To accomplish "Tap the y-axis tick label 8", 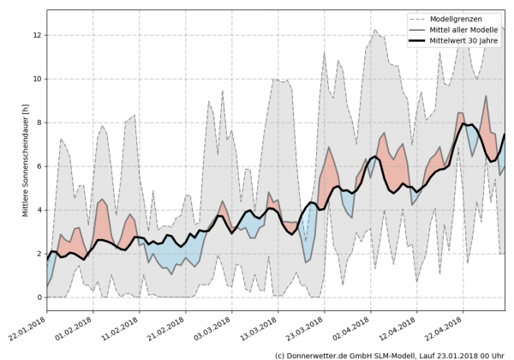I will [37, 123].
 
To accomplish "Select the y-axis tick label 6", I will [37, 166].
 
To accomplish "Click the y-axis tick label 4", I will [37, 210].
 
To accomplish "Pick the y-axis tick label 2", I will [37, 254].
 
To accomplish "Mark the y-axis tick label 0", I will [37, 297].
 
